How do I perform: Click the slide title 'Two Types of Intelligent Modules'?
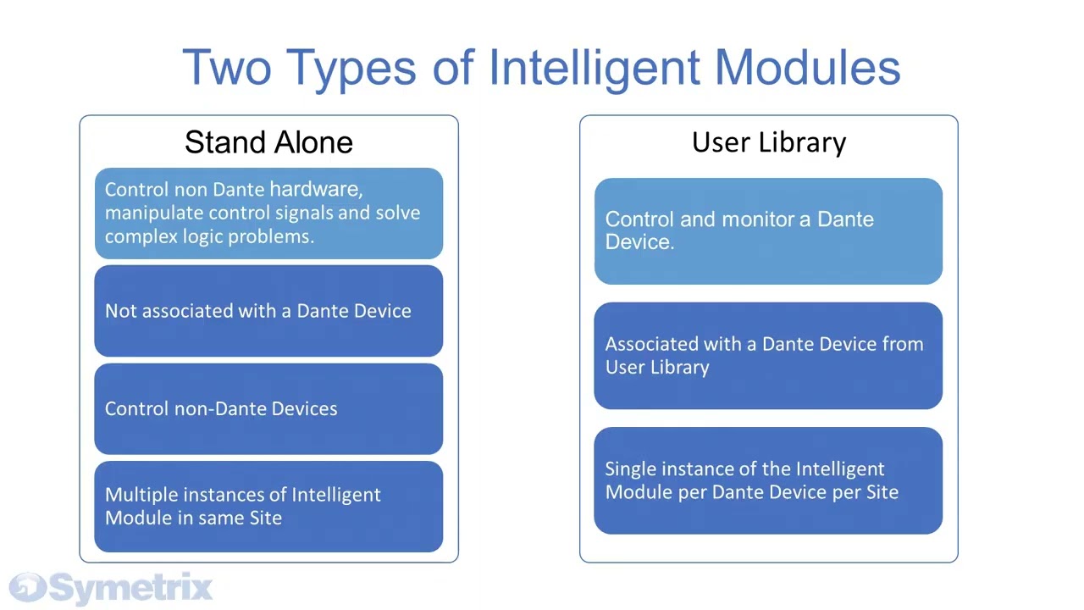[541, 68]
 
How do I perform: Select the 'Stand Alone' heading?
[268, 142]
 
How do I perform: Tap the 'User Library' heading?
[768, 142]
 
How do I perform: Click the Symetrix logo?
[110, 587]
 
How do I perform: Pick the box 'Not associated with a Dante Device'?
[268, 311]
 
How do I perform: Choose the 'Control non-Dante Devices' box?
[268, 408]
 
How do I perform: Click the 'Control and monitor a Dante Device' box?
[768, 230]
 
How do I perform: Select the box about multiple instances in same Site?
[268, 506]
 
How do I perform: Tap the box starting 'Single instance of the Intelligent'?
[768, 480]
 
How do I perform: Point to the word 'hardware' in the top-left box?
[315, 189]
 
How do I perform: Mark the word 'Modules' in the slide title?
[807, 68]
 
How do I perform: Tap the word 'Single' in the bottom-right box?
[630, 469]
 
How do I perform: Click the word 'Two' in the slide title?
[226, 68]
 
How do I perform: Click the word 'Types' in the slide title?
[351, 68]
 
